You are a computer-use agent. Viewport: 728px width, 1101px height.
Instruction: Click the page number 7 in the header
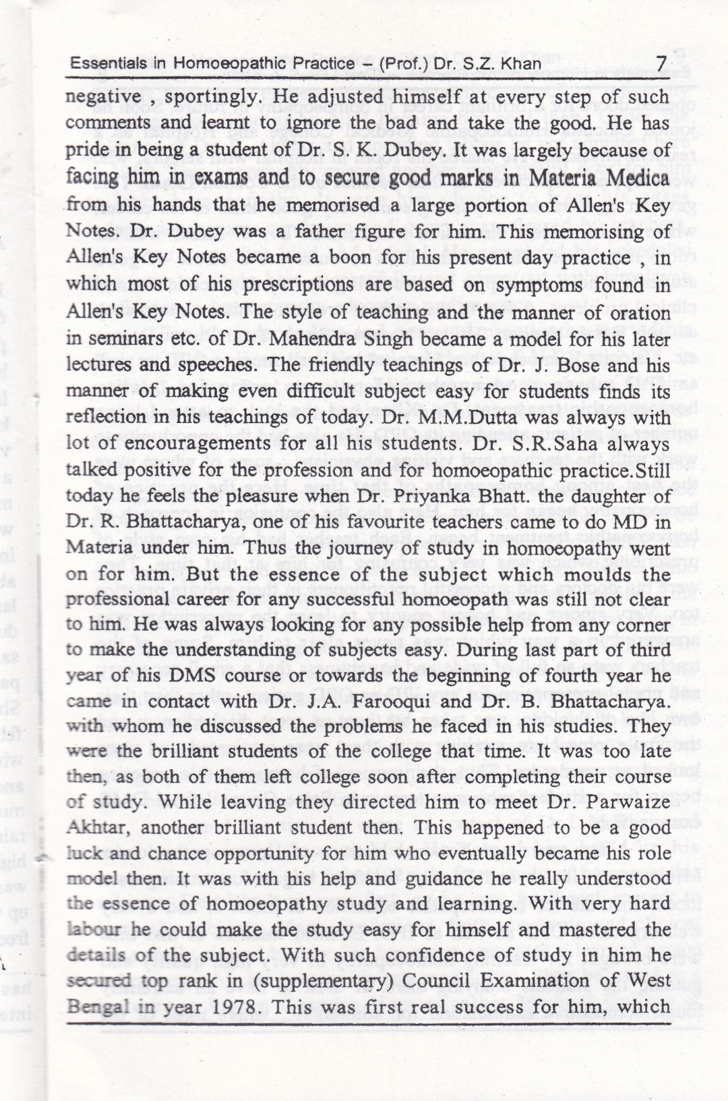[661, 65]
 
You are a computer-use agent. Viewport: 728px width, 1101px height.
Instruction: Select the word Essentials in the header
[99, 65]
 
